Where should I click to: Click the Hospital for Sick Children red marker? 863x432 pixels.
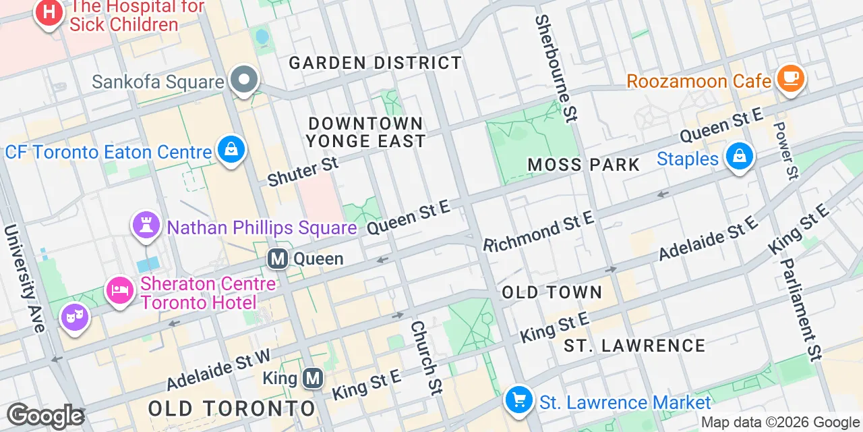(49, 13)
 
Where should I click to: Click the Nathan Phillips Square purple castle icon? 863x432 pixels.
(146, 225)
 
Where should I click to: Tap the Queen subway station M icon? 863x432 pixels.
(277, 259)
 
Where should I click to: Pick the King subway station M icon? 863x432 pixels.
(312, 378)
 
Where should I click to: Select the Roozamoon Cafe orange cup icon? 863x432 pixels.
(790, 79)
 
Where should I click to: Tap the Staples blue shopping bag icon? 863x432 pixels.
(740, 157)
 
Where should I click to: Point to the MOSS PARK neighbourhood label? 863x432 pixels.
(584, 165)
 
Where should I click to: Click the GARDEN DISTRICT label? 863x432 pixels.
(376, 63)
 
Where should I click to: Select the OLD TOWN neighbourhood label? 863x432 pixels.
(552, 292)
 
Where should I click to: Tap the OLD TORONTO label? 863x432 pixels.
(232, 408)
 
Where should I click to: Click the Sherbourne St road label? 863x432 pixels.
(556, 67)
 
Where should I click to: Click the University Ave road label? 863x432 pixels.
(24, 278)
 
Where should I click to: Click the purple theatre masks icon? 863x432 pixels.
(75, 316)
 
